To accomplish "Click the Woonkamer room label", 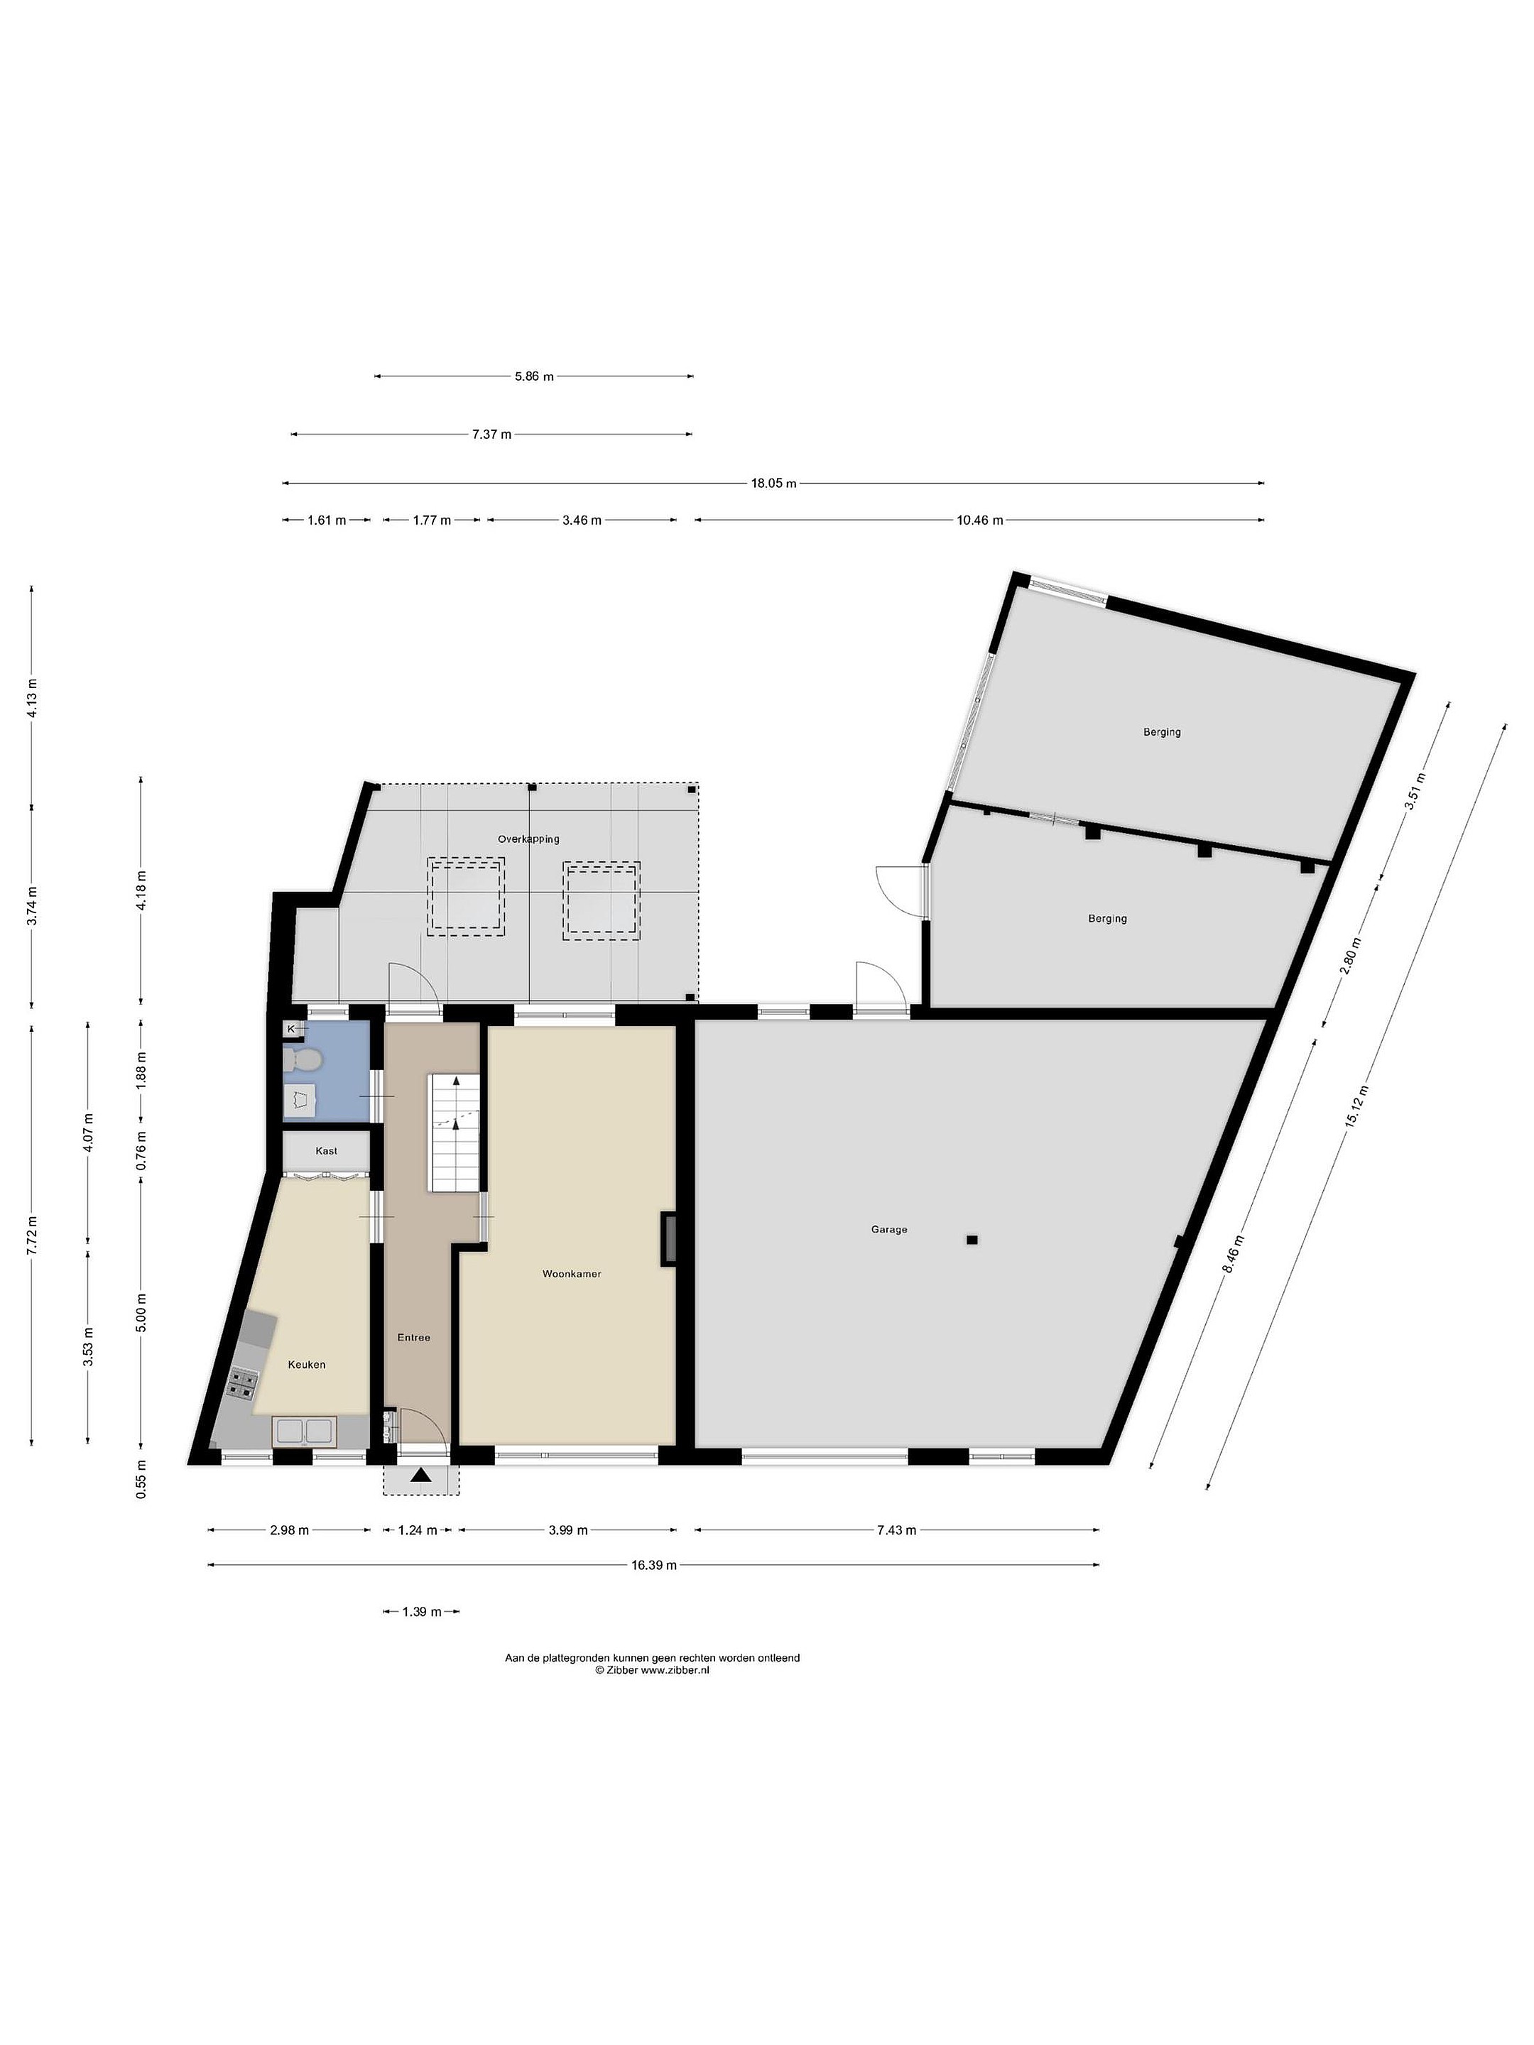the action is (572, 1273).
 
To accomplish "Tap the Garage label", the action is (888, 1230).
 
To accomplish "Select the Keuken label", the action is (306, 1365).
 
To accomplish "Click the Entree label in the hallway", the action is (413, 1337).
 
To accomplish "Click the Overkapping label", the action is (528, 839).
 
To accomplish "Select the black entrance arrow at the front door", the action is (422, 1476).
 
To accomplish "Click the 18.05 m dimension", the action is (773, 483).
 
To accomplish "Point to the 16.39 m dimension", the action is (654, 1564).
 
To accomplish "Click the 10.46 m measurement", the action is (979, 520).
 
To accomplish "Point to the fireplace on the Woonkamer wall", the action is (668, 1239).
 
